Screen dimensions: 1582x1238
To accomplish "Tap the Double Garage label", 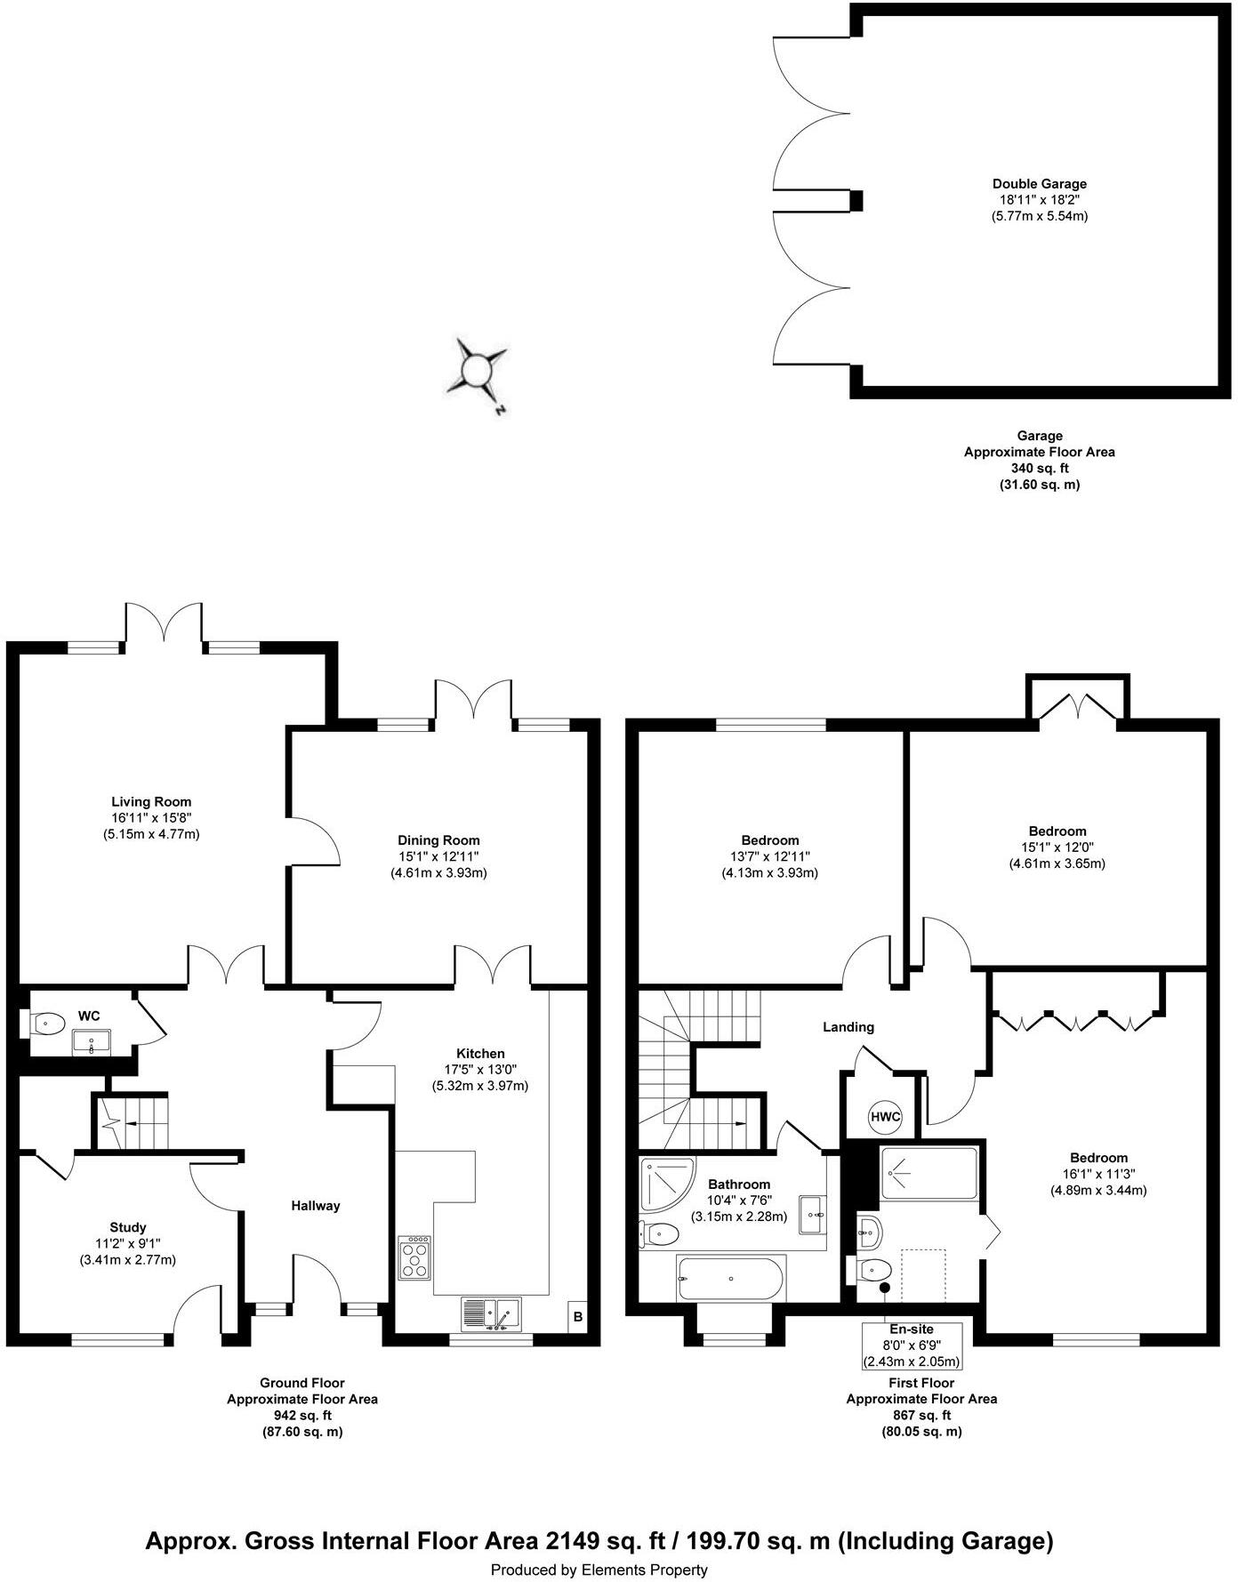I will pyautogui.click(x=1039, y=184).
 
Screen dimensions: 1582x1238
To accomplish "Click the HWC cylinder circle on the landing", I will pyautogui.click(x=885, y=1117).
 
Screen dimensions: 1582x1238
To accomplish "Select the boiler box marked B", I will pyautogui.click(x=578, y=1317).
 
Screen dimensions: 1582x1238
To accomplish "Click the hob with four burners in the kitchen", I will pyautogui.click(x=415, y=1258).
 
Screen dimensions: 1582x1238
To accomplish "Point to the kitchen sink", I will pyautogui.click(x=491, y=1314).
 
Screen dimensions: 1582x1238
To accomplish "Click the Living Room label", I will pyautogui.click(x=151, y=801).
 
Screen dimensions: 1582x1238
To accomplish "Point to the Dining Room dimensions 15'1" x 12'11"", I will pyautogui.click(x=438, y=856).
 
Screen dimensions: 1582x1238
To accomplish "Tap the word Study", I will pyautogui.click(x=128, y=1227).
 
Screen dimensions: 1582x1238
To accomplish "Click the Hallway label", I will pyautogui.click(x=316, y=1206).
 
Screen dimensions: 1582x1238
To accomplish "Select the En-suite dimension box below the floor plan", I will pyautogui.click(x=912, y=1345).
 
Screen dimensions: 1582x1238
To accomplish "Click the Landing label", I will pyautogui.click(x=848, y=1027).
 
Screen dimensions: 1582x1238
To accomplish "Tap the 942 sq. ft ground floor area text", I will pyautogui.click(x=301, y=1416).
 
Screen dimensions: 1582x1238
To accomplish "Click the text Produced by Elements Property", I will pyautogui.click(x=599, y=1570).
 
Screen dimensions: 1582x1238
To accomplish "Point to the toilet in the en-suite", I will pyautogui.click(x=874, y=1270).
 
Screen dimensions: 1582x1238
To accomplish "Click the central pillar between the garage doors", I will pyautogui.click(x=856, y=201).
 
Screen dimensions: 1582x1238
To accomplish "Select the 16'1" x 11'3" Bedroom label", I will pyautogui.click(x=1098, y=1174).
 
